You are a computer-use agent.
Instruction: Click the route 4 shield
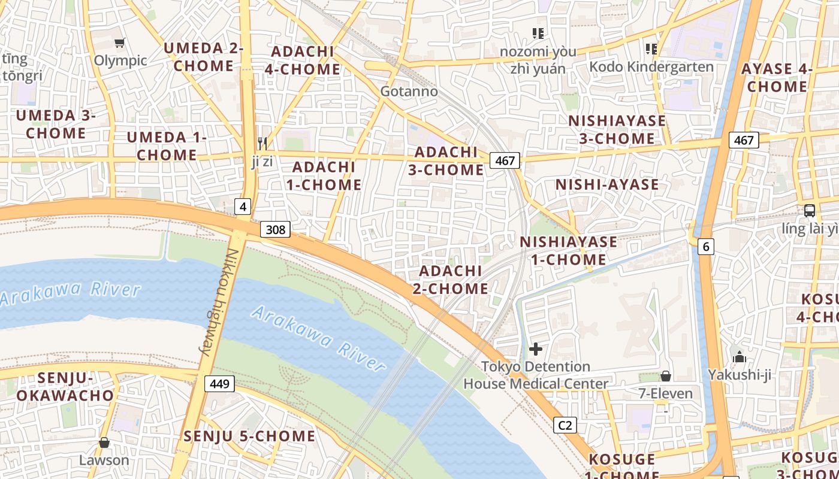pos(242,207)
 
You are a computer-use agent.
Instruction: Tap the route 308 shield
pos(276,229)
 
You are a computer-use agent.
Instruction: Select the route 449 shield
pos(220,384)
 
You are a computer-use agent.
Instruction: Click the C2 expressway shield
pos(565,425)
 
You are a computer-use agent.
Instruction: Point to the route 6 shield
pos(706,245)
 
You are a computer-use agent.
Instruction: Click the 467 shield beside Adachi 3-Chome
pos(505,160)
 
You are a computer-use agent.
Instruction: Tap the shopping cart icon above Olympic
pos(120,43)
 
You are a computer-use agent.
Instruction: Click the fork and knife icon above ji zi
pos(262,143)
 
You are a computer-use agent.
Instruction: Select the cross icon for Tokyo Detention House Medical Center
pos(536,349)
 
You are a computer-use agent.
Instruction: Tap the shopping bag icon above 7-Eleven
pos(665,376)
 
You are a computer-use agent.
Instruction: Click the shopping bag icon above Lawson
pos(104,442)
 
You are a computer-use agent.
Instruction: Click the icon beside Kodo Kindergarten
pos(651,48)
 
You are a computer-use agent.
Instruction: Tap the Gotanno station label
pos(409,92)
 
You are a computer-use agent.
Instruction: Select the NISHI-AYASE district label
pos(607,184)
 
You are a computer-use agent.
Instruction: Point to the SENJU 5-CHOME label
pos(249,436)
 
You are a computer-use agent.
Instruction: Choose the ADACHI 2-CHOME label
pos(450,280)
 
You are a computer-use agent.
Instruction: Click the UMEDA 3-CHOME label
pos(56,124)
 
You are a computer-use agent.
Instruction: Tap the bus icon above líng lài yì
pos(809,211)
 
